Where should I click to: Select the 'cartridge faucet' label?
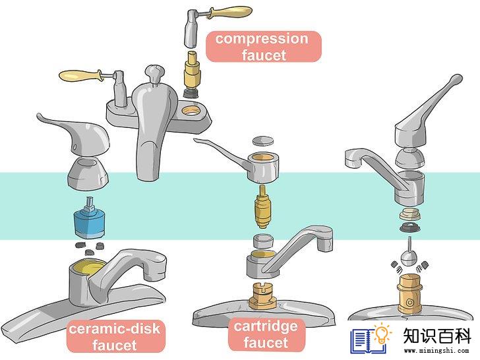[266, 334]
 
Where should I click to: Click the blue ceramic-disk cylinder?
[90, 220]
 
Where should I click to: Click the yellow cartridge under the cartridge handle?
[263, 206]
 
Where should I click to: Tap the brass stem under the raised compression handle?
[192, 70]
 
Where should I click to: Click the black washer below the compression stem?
[191, 93]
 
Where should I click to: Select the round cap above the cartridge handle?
[263, 142]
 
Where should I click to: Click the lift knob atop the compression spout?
[154, 73]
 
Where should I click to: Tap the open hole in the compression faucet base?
[194, 109]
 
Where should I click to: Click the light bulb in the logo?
[382, 334]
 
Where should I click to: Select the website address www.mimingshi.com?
[436, 351]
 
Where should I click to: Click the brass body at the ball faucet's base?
[410, 294]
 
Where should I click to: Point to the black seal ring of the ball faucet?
[410, 227]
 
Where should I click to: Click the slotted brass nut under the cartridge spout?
[263, 295]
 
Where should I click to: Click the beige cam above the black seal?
[410, 214]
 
